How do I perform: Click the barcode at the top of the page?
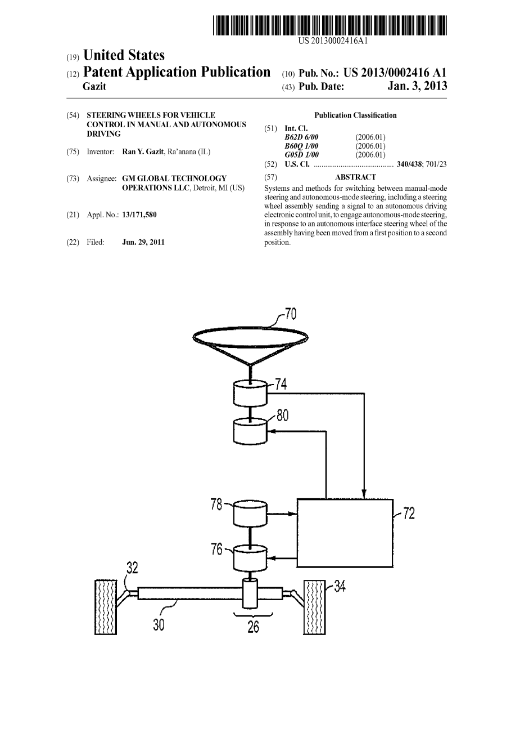tap(330, 26)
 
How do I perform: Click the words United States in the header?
tap(124, 55)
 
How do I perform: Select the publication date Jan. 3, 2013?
tap(417, 86)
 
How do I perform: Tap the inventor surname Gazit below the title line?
tap(94, 87)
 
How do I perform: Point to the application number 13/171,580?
tap(139, 215)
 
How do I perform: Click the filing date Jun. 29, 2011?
tap(143, 242)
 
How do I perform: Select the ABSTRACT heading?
tap(355, 177)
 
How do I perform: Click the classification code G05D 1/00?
tap(301, 155)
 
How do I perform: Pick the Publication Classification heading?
tap(355, 115)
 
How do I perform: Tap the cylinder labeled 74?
tap(250, 392)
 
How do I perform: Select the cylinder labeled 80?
tap(250, 430)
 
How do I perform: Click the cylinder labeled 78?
tap(250, 513)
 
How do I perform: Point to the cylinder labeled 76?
tap(250, 557)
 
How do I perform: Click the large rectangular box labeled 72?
tap(344, 532)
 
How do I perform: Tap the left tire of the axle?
tap(105, 607)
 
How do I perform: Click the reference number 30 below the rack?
tap(159, 624)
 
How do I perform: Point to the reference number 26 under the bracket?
tap(254, 627)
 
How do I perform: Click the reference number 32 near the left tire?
tap(132, 568)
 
